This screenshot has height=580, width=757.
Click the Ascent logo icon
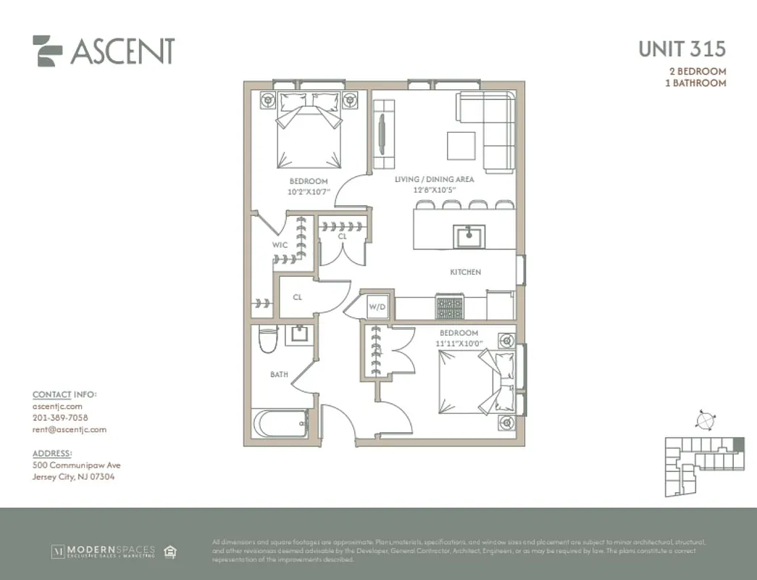(x=48, y=51)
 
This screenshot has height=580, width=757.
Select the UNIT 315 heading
(x=681, y=49)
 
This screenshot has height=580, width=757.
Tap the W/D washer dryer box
(x=378, y=307)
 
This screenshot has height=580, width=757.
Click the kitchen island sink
(x=469, y=236)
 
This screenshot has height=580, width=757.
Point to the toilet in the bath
(x=268, y=339)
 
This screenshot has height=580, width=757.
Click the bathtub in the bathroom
(x=280, y=423)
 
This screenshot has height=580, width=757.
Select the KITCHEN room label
(x=465, y=272)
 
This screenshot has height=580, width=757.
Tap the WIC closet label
(x=280, y=245)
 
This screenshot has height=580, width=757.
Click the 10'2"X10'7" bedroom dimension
(x=309, y=192)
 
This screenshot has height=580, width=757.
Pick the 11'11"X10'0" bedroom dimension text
(x=459, y=343)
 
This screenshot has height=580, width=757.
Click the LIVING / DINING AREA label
(x=434, y=179)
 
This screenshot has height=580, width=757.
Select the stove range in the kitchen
(x=449, y=307)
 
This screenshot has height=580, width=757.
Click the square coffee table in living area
(x=461, y=145)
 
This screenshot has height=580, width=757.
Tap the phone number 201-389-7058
(x=60, y=418)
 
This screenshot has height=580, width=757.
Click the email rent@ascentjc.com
(x=70, y=429)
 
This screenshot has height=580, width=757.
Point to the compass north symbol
(x=703, y=420)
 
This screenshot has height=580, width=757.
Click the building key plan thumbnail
(x=704, y=464)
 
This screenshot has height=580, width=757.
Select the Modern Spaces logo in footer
(x=103, y=552)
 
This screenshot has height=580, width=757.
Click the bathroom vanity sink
(x=298, y=334)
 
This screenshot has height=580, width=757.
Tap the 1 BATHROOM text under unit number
(x=695, y=83)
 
